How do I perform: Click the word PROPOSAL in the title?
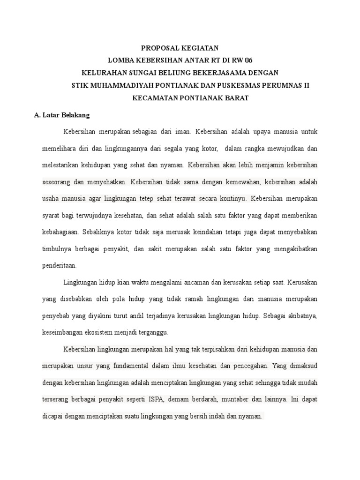[160, 48]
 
